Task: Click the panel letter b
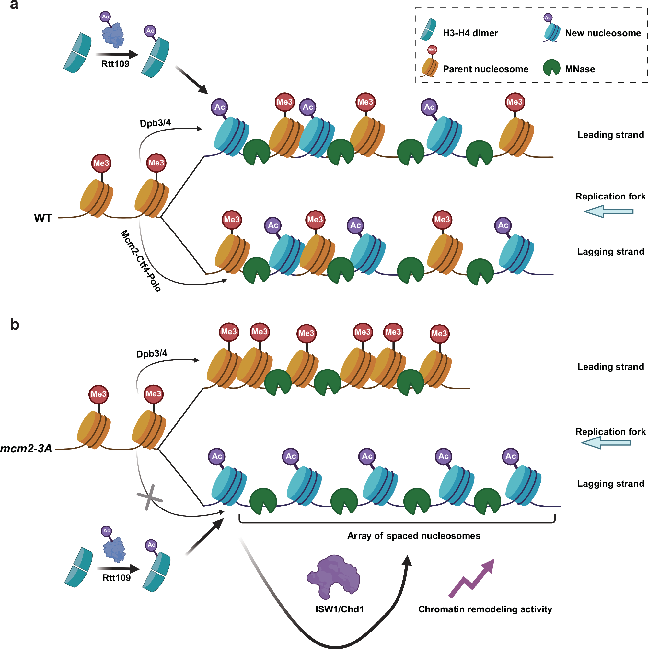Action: [15, 324]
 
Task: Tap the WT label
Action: [43, 218]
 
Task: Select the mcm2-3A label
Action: [26, 449]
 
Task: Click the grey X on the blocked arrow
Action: [150, 497]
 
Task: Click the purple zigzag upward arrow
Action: [472, 578]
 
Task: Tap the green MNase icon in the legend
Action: [551, 68]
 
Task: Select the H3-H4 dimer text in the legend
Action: [470, 33]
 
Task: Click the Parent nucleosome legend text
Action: [485, 69]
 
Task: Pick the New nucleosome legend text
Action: [603, 33]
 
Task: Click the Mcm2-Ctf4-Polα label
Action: [141, 261]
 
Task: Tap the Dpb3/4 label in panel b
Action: [152, 354]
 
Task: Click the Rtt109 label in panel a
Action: [115, 64]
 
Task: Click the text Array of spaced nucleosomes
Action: [414, 536]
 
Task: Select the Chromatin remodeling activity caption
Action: [485, 609]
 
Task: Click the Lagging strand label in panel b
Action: [610, 484]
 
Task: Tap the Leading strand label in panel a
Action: [610, 135]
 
